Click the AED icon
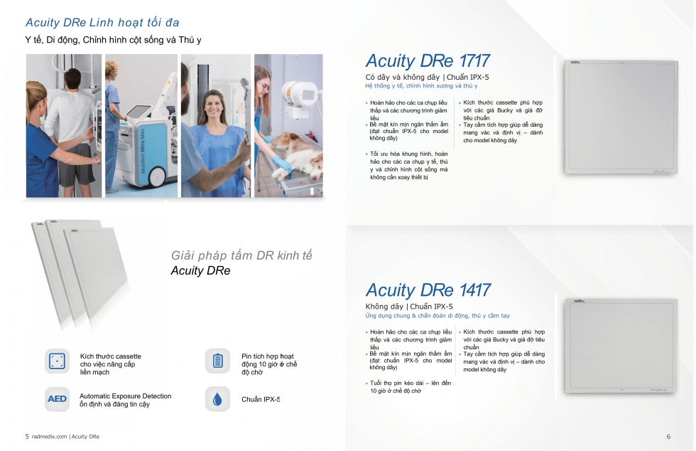[x=57, y=399]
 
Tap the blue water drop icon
[x=217, y=399]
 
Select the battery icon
[x=217, y=361]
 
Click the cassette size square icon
[x=57, y=361]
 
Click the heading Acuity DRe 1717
[x=428, y=60]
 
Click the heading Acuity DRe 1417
[x=428, y=290]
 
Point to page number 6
[x=668, y=436]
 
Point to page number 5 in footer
[x=27, y=436]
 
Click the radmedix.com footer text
[x=49, y=437]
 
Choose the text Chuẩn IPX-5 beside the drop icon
[x=261, y=399]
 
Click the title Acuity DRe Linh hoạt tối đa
[x=102, y=22]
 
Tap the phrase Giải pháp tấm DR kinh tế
[x=241, y=255]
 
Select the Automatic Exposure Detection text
[x=125, y=396]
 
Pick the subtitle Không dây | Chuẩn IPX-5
[x=409, y=307]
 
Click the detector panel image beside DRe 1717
[x=621, y=117]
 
